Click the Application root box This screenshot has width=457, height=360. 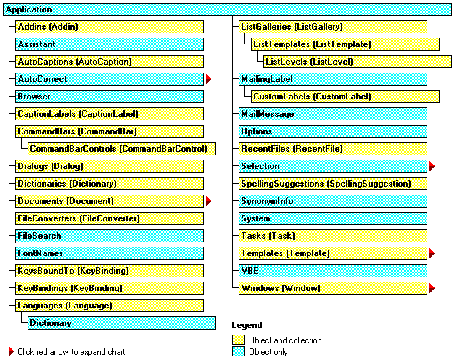[x=227, y=9]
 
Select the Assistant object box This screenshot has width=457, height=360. [x=110, y=44]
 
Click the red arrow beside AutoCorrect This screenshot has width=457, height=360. [x=208, y=79]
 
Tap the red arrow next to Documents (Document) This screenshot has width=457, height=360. [x=208, y=201]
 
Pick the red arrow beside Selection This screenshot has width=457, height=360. [x=432, y=166]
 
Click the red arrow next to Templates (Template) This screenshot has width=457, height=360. [x=432, y=253]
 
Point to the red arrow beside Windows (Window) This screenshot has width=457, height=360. [x=432, y=288]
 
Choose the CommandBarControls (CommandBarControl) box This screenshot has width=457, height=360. [x=122, y=149]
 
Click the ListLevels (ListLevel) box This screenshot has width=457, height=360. [x=358, y=62]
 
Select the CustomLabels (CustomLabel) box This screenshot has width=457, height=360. [x=345, y=97]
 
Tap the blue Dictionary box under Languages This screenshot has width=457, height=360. [x=122, y=323]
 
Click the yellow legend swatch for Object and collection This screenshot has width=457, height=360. [x=239, y=340]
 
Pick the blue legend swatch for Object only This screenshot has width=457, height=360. [x=239, y=351]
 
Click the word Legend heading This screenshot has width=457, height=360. [x=247, y=325]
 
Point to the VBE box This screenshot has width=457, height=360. [x=333, y=271]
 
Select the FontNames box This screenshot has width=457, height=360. [x=110, y=253]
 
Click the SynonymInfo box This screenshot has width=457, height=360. [x=333, y=201]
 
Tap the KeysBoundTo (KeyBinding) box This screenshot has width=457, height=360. [x=110, y=271]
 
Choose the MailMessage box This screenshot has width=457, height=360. [x=333, y=114]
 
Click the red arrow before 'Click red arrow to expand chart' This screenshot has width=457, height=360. [x=11, y=351]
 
